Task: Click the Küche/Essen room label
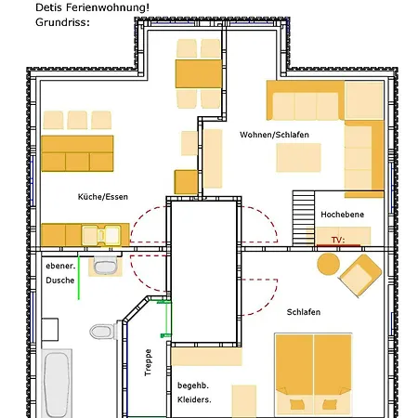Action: (x=103, y=197)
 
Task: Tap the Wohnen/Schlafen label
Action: (x=274, y=135)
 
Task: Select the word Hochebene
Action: (x=342, y=215)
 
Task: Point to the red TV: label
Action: (x=338, y=240)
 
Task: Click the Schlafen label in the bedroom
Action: (x=304, y=312)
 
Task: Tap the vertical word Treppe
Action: (x=148, y=362)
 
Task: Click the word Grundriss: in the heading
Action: (x=62, y=22)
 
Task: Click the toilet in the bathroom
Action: (x=103, y=332)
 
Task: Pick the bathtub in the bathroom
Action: (x=57, y=384)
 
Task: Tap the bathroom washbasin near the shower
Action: (x=105, y=267)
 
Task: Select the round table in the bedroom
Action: (x=328, y=264)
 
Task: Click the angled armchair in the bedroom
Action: (x=359, y=275)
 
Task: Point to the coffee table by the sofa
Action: (x=298, y=157)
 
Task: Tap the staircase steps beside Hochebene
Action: (x=304, y=218)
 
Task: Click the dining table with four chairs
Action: (x=199, y=73)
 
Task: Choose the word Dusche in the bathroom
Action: (x=60, y=281)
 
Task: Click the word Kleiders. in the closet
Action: (x=194, y=399)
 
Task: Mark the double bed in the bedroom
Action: (x=313, y=375)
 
